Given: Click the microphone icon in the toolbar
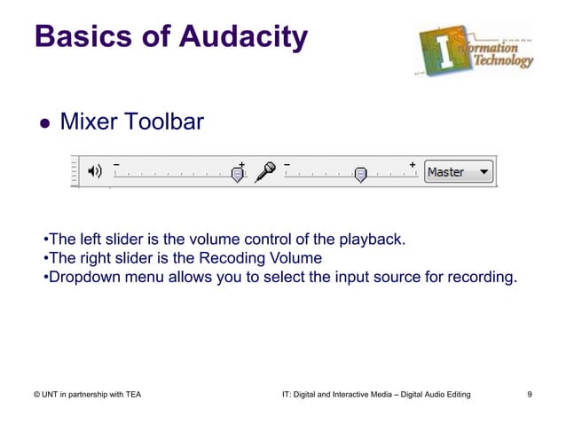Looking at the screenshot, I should tap(264, 172).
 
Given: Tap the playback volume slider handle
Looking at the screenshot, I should tap(237, 175).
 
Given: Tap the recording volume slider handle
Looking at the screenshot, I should tap(360, 175).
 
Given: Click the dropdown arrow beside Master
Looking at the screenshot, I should tap(483, 172).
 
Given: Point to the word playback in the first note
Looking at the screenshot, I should tap(372, 239).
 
